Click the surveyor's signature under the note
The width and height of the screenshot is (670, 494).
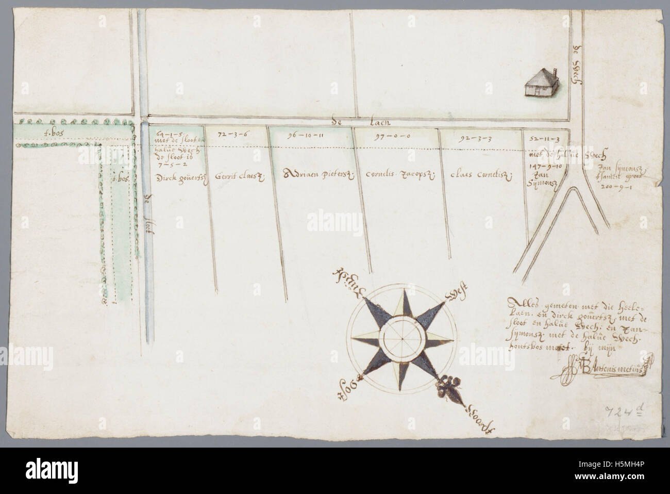[603, 370]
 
